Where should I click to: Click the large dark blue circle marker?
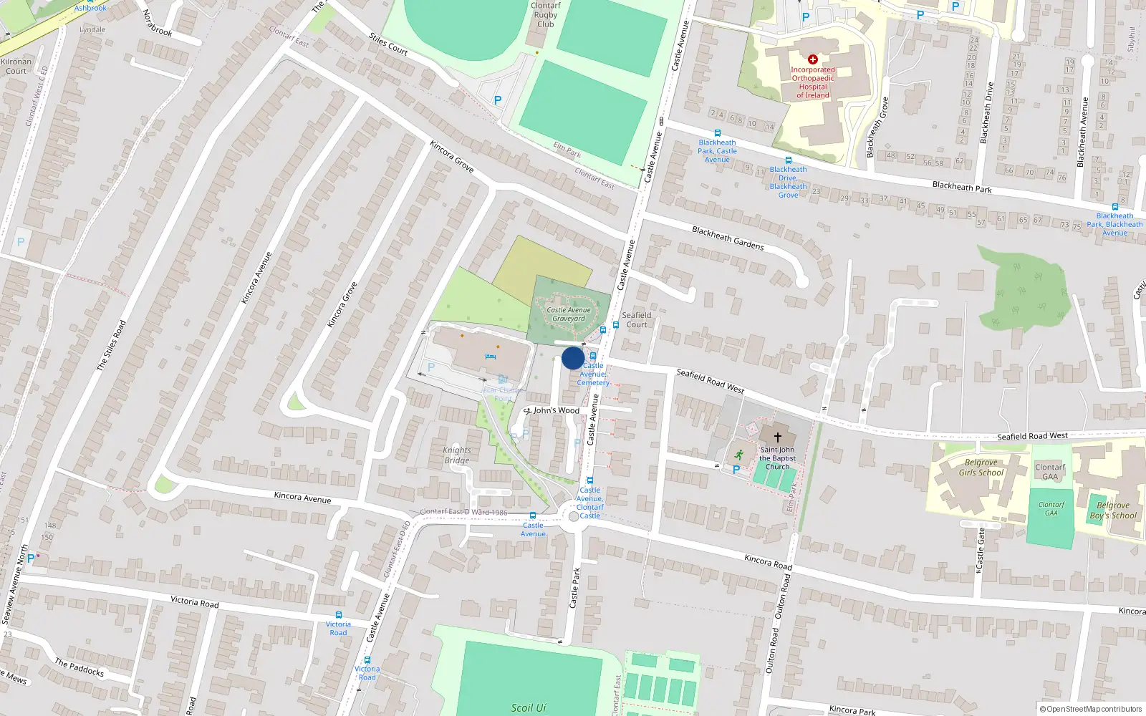pos(573,358)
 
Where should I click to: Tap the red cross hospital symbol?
pos(812,59)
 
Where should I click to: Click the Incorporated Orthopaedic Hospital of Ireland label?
pos(813,82)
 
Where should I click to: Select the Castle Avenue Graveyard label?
pos(569,314)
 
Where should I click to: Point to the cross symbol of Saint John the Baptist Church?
pos(777,436)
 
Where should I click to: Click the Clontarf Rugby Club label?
pos(545,14)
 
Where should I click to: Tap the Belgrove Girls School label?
pos(981,468)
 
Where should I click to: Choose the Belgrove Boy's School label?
pos(1113,510)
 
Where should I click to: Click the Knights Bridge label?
pos(457,455)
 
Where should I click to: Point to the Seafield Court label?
pos(637,320)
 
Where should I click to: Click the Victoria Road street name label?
pos(195,601)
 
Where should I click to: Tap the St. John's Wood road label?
pos(552,410)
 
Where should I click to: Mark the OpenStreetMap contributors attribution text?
pos(1091,709)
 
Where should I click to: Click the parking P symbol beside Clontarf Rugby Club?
pos(498,101)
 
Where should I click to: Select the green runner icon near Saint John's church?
pos(739,454)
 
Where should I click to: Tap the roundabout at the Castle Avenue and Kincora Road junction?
pos(573,516)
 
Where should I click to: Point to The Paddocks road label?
pos(80,668)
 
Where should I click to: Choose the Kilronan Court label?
pos(16,67)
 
